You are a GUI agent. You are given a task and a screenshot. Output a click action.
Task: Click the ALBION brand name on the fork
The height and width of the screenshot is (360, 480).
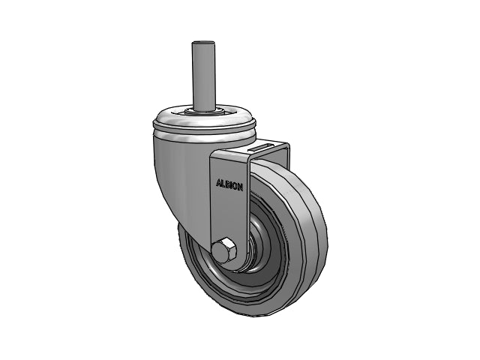[229, 184]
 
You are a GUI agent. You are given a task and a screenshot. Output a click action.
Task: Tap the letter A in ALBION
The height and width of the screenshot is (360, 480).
[218, 183]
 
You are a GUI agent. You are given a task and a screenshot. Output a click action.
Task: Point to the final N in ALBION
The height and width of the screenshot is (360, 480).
[241, 187]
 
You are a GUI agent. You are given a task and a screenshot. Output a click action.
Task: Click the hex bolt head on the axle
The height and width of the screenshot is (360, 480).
[223, 250]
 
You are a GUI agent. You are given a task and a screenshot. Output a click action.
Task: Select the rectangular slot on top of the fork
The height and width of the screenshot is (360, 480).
[262, 147]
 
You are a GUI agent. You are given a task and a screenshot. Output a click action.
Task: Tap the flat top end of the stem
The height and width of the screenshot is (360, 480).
[202, 43]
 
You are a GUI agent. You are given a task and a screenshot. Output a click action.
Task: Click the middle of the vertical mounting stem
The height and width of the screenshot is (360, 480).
[202, 75]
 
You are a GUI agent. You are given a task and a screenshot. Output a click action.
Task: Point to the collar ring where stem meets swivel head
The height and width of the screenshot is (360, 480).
[202, 111]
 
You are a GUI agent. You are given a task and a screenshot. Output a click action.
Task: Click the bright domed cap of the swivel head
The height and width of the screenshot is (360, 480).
[202, 118]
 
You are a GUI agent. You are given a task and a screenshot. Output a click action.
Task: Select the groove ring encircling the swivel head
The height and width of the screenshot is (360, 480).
[202, 132]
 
